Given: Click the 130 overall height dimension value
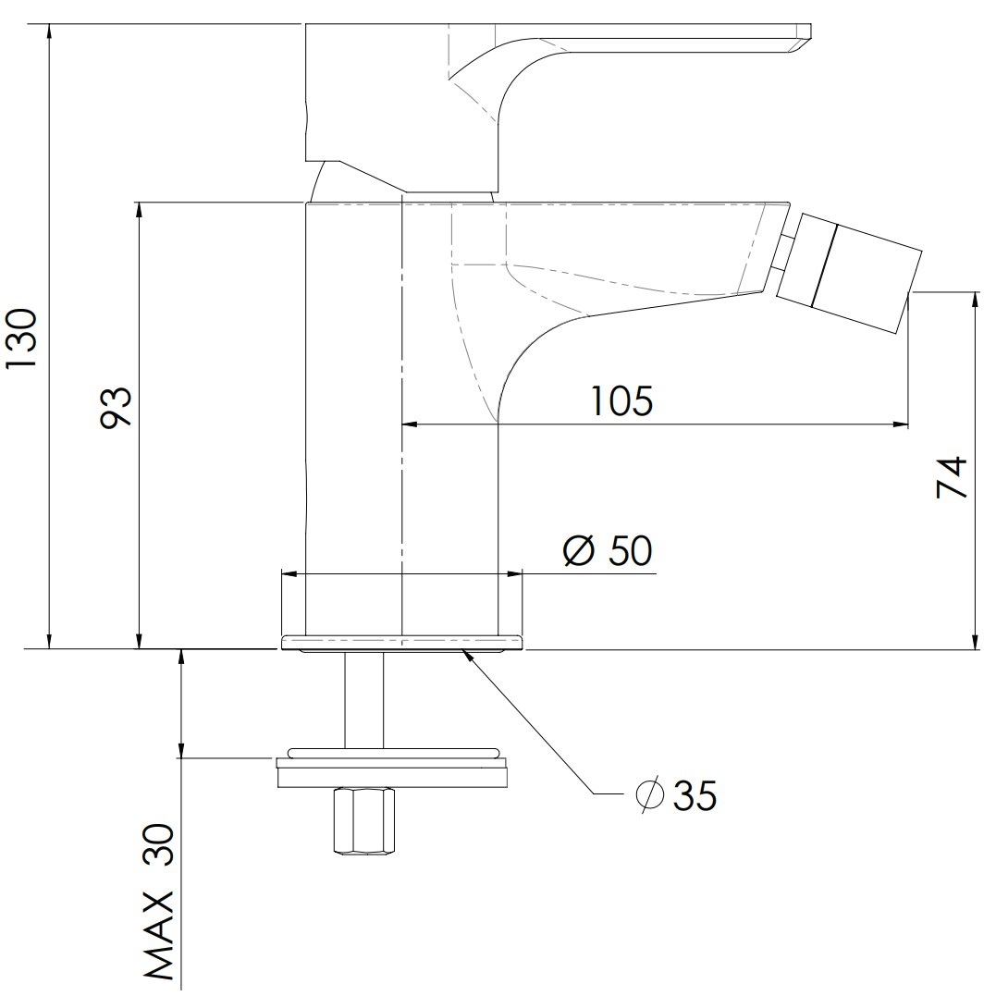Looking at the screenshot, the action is pyautogui.click(x=21, y=338).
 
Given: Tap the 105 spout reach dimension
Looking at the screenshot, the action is pyautogui.click(x=621, y=400).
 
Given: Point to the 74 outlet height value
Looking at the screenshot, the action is pyautogui.click(x=951, y=477).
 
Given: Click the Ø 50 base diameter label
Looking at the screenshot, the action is pyautogui.click(x=608, y=550).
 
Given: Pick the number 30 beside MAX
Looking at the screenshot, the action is pyautogui.click(x=159, y=845).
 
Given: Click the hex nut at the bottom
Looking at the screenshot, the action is pyautogui.click(x=364, y=822).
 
